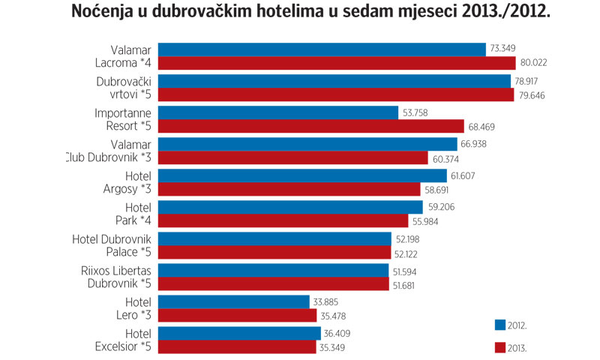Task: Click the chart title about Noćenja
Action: point(310,13)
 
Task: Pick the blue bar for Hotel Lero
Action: point(233,302)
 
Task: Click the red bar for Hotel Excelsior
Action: point(236,347)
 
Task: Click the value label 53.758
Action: point(416,113)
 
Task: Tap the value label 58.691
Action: point(439,190)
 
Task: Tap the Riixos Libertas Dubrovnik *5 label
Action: point(115,277)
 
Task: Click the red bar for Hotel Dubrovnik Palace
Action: point(274,253)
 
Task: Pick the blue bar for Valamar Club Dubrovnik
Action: point(307,144)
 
